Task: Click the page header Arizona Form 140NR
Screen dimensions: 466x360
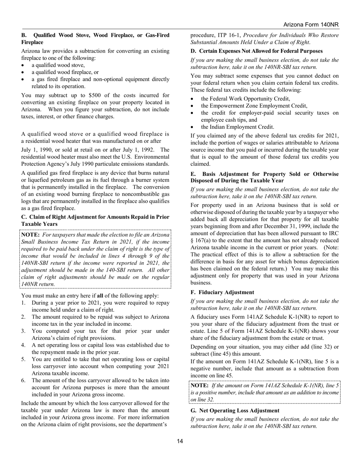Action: (x=311, y=25)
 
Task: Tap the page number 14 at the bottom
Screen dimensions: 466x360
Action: (x=180, y=441)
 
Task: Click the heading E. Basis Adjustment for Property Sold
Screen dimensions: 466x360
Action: (x=265, y=177)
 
